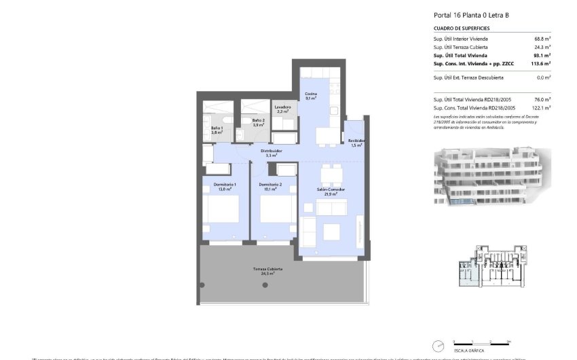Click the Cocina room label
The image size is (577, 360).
click(310, 96)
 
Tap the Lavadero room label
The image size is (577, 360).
click(282, 109)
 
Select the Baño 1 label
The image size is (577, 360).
click(217, 130)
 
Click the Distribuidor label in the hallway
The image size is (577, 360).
click(272, 153)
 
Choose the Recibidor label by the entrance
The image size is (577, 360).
click(357, 143)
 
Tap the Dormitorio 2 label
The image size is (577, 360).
click(270, 187)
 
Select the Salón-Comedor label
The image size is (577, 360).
click(331, 192)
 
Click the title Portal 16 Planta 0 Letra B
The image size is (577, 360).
click(472, 14)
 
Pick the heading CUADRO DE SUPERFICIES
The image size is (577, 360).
click(462, 29)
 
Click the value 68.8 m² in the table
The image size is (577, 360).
click(542, 39)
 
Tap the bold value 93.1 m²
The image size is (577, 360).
click(542, 56)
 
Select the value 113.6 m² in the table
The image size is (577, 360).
click(541, 64)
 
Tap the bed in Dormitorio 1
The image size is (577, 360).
click(223, 210)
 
